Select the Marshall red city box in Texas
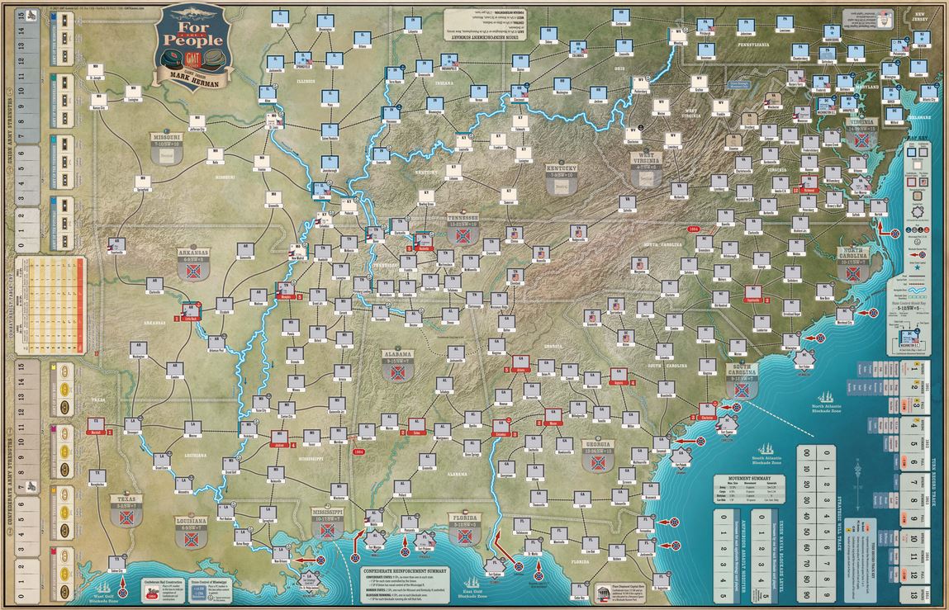pos(95,424)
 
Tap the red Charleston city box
pos(707,410)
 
